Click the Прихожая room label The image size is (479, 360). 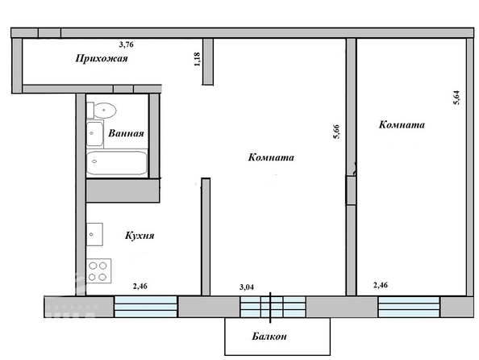[x=102, y=58]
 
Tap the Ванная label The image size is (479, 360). [x=126, y=133]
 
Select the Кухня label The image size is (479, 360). [x=140, y=236]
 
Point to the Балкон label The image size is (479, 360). [x=269, y=337]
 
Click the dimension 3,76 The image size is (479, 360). [x=126, y=44]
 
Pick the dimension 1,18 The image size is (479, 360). [x=197, y=59]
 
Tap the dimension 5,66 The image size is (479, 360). [x=336, y=132]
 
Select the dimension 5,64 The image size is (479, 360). [x=456, y=98]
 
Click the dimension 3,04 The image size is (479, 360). [x=247, y=287]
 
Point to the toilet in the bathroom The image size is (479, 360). [x=102, y=110]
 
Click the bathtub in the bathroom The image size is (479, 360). [x=117, y=163]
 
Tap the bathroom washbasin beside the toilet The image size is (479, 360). [x=94, y=134]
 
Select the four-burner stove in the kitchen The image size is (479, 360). [x=98, y=271]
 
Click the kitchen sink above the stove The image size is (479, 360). [x=94, y=234]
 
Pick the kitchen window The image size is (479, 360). [x=146, y=307]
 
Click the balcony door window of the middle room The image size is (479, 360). [x=273, y=307]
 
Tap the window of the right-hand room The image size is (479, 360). [x=409, y=307]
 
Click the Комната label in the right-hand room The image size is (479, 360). [x=402, y=125]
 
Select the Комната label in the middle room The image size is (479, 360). [x=271, y=157]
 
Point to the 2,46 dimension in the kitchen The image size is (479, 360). [x=140, y=287]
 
